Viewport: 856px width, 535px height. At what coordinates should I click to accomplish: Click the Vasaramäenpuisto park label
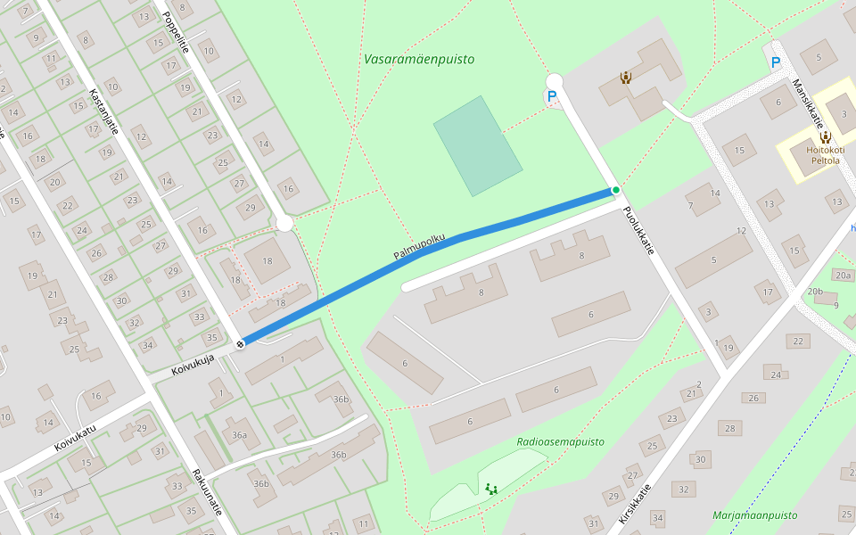coord(419,60)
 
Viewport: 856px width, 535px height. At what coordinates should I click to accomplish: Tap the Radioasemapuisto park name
coord(560,441)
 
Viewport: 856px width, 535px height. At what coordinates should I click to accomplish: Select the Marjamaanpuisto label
coord(754,515)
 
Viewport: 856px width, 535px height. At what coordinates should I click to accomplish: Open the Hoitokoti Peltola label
coord(824,155)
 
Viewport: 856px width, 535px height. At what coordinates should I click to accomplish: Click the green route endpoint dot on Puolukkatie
coord(615,190)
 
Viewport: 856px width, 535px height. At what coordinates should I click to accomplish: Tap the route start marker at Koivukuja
coord(241,343)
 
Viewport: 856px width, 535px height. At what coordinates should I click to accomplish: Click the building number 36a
coord(239,435)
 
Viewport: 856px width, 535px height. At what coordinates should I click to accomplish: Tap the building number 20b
coord(815,292)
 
